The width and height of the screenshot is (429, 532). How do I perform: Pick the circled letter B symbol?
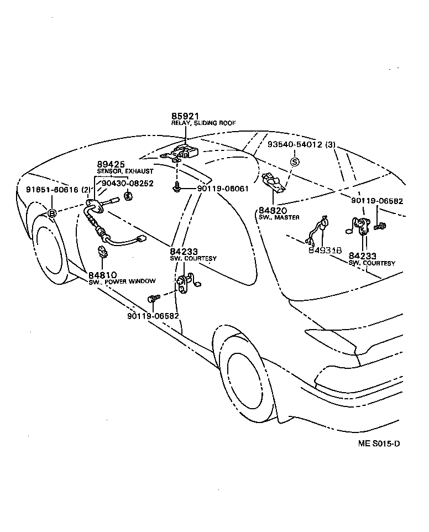52,213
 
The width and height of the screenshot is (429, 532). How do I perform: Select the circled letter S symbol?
295,161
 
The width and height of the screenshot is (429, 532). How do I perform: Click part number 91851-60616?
53,190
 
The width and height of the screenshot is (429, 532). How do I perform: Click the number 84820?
272,211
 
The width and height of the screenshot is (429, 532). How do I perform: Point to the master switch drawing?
274,182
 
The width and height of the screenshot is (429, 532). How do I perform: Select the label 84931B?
325,251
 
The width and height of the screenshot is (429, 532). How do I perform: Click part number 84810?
102,275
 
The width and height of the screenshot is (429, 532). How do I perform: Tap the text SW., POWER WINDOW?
122,282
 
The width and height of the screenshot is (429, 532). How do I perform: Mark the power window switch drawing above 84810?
103,252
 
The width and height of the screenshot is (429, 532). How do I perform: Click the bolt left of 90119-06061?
177,188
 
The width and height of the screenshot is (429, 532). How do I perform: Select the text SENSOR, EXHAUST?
125,172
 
